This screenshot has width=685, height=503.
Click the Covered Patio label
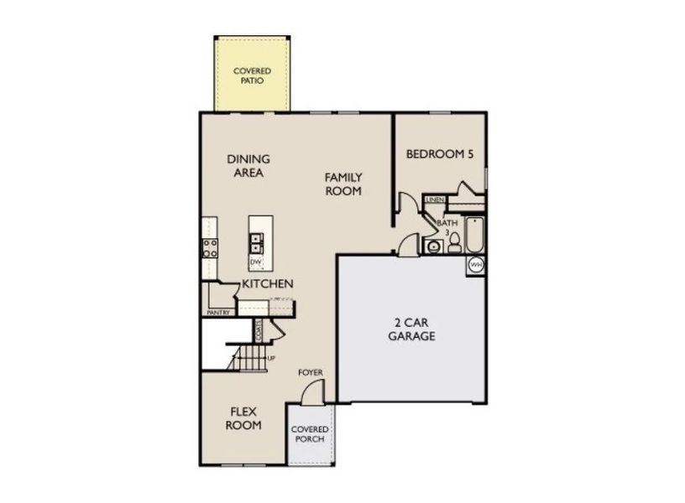pos(252,76)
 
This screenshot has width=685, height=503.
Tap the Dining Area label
pos(248,166)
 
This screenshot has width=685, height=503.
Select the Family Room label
pos(344,184)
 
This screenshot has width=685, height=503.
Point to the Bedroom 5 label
pos(441,154)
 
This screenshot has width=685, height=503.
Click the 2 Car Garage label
pos(411,329)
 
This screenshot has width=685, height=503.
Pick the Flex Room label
pos(246,417)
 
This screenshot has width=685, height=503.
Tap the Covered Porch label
pos(309,434)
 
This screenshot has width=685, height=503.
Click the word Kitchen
pos(268,284)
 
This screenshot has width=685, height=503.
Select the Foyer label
pos(311,372)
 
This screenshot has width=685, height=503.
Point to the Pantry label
pos(218,313)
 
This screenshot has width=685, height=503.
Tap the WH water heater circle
pos(476,265)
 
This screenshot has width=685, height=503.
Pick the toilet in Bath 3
pos(454,242)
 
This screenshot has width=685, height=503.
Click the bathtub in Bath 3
pos(474,236)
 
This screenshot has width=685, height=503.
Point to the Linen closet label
pos(434,200)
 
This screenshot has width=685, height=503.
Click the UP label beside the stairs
pos(270,360)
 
